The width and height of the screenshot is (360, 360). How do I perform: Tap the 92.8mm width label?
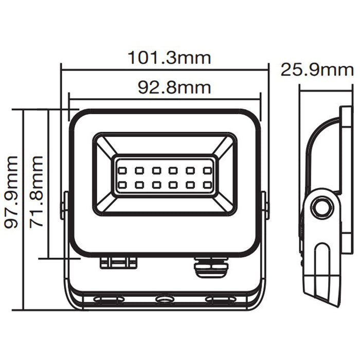click(x=174, y=87)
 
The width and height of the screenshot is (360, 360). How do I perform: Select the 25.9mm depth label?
click(x=317, y=70)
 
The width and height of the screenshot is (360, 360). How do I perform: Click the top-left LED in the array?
click(x=123, y=169)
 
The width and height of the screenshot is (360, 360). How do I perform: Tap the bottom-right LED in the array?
click(x=207, y=184)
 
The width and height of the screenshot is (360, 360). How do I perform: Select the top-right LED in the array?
click(x=207, y=169)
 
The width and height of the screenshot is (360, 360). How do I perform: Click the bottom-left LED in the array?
click(x=123, y=184)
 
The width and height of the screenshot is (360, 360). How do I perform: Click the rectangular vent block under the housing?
click(x=118, y=262)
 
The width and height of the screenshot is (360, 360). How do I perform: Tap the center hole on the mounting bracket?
click(x=165, y=298)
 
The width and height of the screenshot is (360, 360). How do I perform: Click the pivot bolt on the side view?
click(x=321, y=208)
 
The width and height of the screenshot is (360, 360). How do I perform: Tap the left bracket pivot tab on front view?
click(x=65, y=206)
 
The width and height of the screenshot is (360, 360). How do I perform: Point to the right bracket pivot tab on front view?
click(x=265, y=206)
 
